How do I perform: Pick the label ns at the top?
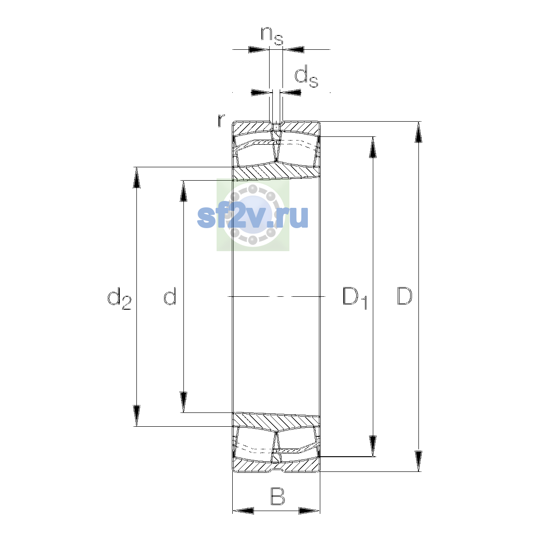(272, 36)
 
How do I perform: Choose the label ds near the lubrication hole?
(306, 76)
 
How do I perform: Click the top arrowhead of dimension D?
(419, 132)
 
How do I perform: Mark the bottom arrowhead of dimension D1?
(373, 446)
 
